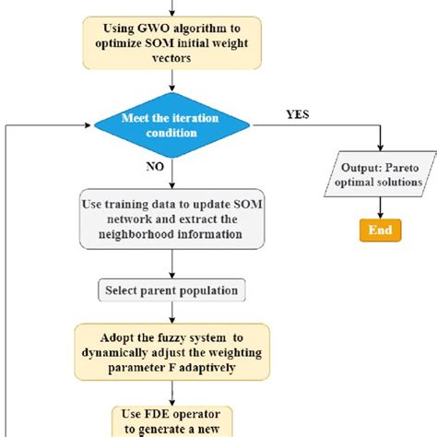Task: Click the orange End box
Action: [x=380, y=230]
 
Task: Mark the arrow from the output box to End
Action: [x=380, y=205]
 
